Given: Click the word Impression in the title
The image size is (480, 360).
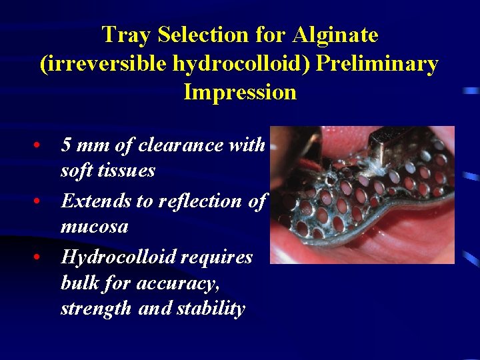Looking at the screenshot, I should click(x=240, y=92).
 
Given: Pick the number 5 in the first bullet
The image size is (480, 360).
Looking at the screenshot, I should click(x=66, y=145).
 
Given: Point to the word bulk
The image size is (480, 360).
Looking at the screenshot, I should click(x=79, y=283).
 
